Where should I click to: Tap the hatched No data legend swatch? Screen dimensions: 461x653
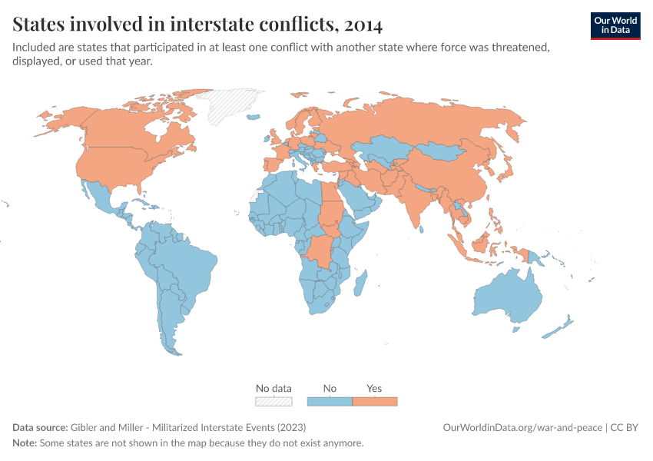273,401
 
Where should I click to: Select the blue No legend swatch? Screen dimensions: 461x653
330,401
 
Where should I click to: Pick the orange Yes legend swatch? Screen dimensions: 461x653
374,401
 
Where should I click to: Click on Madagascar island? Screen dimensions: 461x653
358,282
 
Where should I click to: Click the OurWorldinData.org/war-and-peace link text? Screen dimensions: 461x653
522,428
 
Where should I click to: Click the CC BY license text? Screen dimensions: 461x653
625,428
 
